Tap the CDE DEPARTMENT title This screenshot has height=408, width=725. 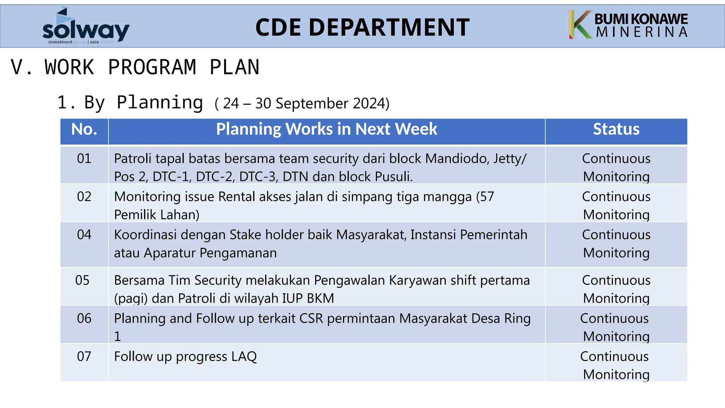[x=362, y=28]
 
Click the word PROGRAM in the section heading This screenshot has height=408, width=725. [x=152, y=67]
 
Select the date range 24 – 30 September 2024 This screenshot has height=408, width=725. [x=302, y=103]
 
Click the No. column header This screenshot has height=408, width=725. [x=84, y=129]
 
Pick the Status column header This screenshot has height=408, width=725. [x=616, y=129]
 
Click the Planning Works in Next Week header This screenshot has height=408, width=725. [x=326, y=129]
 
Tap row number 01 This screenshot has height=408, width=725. [x=84, y=158]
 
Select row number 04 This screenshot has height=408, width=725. [x=84, y=235]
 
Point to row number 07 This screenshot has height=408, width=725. [x=84, y=356]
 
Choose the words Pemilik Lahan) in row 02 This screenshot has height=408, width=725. [x=156, y=215]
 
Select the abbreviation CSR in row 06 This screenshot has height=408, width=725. [x=311, y=318]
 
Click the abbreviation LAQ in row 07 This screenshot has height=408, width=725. [x=244, y=356]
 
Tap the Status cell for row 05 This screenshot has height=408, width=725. [x=616, y=289]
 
